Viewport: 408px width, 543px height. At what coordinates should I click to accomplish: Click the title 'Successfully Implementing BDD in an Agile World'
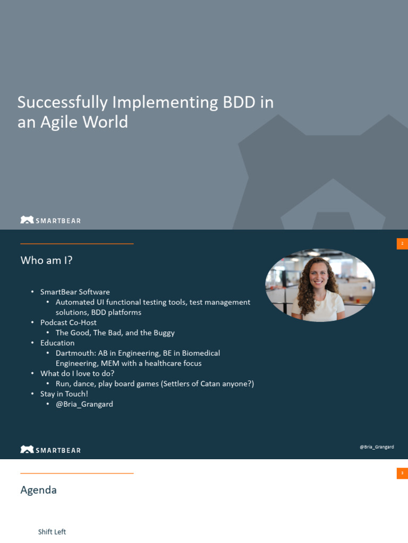pyautogui.click(x=145, y=112)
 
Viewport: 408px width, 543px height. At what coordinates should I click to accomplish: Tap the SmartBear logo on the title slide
pyautogui.click(x=50, y=220)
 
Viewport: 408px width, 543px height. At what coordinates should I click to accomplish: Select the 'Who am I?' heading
pyautogui.click(x=46, y=260)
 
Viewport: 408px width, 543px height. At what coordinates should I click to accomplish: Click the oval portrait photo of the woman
pyautogui.click(x=320, y=285)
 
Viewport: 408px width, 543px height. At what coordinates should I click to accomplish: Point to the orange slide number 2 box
pyautogui.click(x=402, y=244)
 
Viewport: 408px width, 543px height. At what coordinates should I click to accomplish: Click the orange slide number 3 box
pyautogui.click(x=402, y=473)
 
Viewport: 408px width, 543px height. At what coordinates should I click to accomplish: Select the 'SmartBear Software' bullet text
pyautogui.click(x=75, y=292)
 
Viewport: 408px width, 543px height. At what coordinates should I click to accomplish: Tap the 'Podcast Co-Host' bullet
pyautogui.click(x=69, y=322)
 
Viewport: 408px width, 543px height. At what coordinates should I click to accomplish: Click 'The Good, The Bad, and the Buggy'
pyautogui.click(x=115, y=333)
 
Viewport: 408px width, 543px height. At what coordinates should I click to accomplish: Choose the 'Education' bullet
pyautogui.click(x=57, y=343)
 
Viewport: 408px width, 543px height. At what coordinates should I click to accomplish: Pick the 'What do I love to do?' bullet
pyautogui.click(x=77, y=373)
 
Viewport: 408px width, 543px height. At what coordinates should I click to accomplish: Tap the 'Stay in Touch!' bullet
pyautogui.click(x=64, y=394)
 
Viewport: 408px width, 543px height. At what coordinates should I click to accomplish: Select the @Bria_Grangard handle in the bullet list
pyautogui.click(x=84, y=404)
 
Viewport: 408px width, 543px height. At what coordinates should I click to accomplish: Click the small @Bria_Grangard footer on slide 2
pyautogui.click(x=377, y=447)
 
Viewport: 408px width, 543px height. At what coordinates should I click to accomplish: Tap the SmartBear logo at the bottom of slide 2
pyautogui.click(x=50, y=450)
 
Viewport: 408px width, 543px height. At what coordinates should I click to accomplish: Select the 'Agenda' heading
pyautogui.click(x=38, y=490)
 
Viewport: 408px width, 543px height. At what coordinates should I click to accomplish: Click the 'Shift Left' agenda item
pyautogui.click(x=52, y=532)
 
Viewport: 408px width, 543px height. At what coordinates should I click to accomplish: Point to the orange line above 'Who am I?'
pyautogui.click(x=76, y=244)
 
